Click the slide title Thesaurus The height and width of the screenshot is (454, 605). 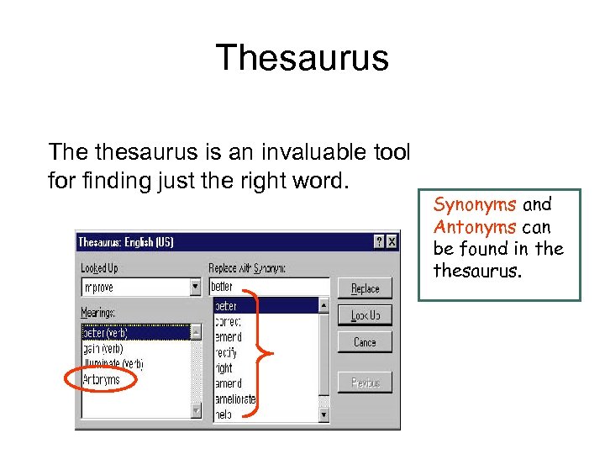tap(302, 58)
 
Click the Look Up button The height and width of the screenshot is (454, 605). tap(365, 315)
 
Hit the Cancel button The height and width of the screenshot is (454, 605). tap(365, 342)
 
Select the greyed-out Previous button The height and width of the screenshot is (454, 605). tap(365, 383)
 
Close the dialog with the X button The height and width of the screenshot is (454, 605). tap(392, 242)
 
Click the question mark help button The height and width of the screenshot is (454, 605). tap(379, 242)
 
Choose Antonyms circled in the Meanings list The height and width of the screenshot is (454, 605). tap(101, 379)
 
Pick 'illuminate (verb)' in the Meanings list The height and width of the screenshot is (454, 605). tap(113, 364)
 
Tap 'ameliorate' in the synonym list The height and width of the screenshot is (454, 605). tap(234, 399)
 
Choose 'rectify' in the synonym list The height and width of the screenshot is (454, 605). tap(225, 352)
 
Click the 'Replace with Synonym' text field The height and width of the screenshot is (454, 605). tap(268, 287)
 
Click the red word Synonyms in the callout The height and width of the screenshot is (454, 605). tap(476, 204)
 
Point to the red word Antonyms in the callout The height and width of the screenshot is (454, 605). tap(476, 227)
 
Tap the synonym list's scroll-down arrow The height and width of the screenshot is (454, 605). tap(324, 414)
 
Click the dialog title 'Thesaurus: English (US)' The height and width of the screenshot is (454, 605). tap(126, 242)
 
